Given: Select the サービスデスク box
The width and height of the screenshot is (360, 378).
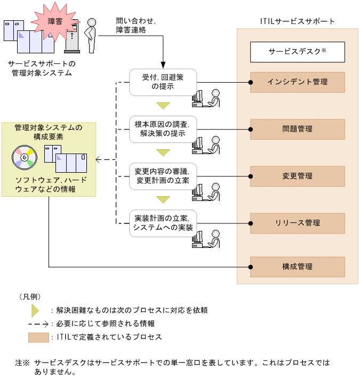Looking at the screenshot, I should tap(298, 52).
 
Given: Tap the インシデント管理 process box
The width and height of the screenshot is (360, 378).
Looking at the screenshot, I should tap(298, 82).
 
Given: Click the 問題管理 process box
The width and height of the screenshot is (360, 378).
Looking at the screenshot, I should tap(298, 129).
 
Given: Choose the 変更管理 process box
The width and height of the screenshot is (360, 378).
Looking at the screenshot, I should tap(298, 176).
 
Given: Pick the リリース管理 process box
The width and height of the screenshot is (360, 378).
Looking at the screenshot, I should tap(298, 223).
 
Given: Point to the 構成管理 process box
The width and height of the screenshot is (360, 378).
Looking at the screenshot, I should tap(298, 267).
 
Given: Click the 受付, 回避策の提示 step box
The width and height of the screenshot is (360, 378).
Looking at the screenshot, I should tap(163, 82).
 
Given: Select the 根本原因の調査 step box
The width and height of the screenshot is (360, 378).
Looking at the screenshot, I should tap(163, 129).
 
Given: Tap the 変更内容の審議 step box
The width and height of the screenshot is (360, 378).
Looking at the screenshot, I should tap(163, 176).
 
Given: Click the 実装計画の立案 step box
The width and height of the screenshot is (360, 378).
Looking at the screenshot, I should tap(163, 223).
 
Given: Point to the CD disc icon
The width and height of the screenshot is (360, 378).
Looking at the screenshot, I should tap(24, 156).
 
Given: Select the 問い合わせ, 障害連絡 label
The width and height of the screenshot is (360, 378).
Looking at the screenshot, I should tap(135, 26).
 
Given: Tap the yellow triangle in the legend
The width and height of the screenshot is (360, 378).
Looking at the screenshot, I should tap(35, 310).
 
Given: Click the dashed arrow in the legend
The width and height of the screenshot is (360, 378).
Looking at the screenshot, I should tap(38, 324).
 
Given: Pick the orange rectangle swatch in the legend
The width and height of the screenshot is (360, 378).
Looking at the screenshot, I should tap(38, 337).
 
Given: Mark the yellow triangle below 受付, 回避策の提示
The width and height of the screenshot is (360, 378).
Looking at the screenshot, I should tap(163, 106).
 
